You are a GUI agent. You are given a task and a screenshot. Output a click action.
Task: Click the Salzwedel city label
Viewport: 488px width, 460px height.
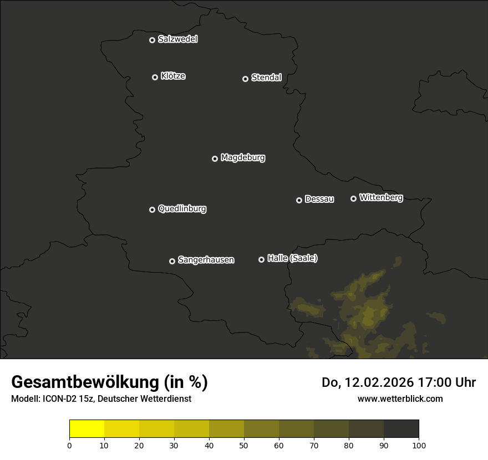click(x=177, y=39)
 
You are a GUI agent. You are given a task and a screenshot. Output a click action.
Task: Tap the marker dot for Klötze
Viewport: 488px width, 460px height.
click(x=155, y=77)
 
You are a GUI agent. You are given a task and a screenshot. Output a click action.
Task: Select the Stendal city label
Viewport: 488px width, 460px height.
click(x=266, y=78)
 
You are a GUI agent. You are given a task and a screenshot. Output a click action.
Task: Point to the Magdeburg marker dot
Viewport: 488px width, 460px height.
click(x=215, y=159)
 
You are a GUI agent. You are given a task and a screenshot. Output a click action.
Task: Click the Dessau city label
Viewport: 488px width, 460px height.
click(x=319, y=200)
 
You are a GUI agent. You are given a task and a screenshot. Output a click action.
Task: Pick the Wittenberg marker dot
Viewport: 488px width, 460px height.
click(x=353, y=198)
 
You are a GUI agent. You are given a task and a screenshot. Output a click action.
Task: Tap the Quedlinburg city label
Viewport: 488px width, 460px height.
click(x=182, y=209)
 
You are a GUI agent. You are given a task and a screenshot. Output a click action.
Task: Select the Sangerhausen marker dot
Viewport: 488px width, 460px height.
click(x=172, y=261)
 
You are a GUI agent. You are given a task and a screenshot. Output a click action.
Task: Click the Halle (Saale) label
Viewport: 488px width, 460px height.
click(x=292, y=258)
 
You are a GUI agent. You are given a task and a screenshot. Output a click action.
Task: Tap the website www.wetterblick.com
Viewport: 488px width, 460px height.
click(x=400, y=398)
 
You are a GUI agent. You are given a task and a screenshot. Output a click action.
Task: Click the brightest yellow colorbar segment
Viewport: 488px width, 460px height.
click(x=87, y=429)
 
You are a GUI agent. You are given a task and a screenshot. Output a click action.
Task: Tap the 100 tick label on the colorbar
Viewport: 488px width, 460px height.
click(x=419, y=445)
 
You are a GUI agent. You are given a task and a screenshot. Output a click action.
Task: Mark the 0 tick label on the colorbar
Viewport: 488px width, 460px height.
click(x=69, y=445)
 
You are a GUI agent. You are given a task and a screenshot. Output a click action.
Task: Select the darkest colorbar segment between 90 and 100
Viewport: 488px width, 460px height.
click(x=401, y=429)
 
